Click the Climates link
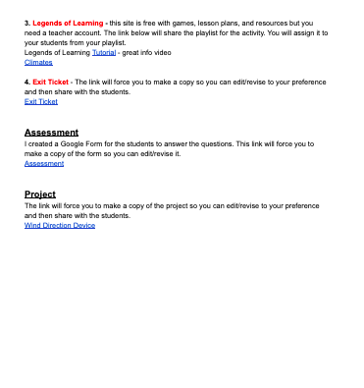pos(38,62)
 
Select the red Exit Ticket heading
pos(51,83)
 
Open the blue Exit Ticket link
pos(41,101)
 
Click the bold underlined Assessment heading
pos(51,132)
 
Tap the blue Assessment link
pos(44,163)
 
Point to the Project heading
pos(40,194)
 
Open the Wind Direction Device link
pos(60,226)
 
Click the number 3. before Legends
pos(27,20)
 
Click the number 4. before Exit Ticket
pos(27,83)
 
